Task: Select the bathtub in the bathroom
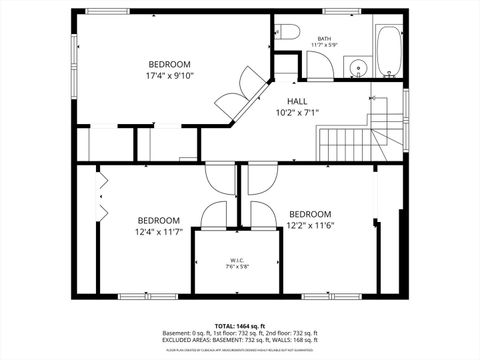[x=387, y=48]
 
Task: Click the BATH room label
[x=325, y=38]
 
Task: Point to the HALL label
[x=297, y=102]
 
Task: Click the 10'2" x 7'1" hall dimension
[x=297, y=113]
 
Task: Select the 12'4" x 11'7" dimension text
[x=159, y=232]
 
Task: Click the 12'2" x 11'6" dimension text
[x=309, y=225]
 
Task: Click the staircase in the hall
[x=350, y=140]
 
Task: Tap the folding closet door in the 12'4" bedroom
[x=102, y=195]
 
